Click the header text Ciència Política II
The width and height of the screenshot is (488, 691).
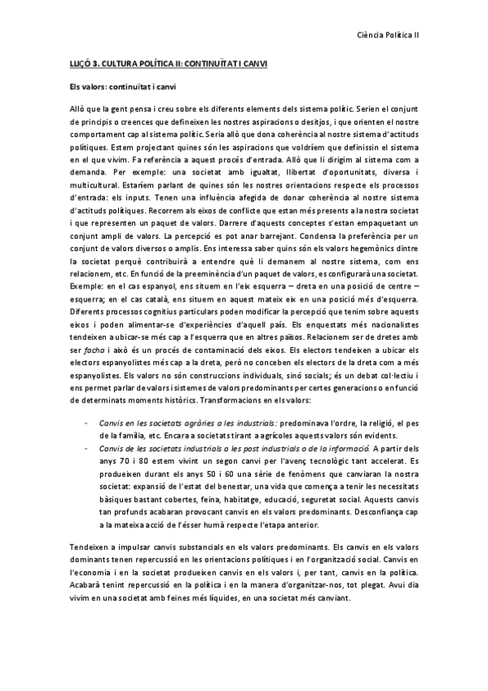389,35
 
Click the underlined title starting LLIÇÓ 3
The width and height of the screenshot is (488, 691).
167,63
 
